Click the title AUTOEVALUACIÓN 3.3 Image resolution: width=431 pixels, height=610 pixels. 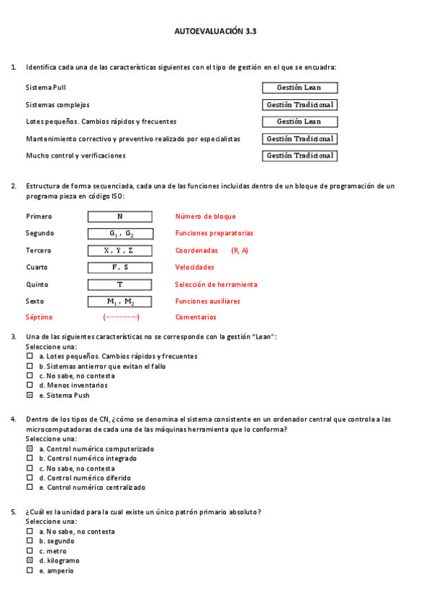tap(215, 32)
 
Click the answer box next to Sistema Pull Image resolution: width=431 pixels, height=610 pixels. tap(299, 88)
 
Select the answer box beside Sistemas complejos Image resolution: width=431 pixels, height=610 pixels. tap(299, 105)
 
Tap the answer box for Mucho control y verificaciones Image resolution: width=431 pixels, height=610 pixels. tap(299, 155)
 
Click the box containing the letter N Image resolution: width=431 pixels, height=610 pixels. tap(119, 217)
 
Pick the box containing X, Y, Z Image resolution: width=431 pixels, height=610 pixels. tap(119, 250)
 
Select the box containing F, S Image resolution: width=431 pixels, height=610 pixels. tap(119, 268)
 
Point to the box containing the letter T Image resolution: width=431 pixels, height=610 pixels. tap(119, 285)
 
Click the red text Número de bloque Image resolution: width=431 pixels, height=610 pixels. tap(205, 217)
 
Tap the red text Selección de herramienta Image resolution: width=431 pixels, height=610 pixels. tap(216, 285)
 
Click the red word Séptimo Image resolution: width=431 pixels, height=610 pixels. tap(39, 317)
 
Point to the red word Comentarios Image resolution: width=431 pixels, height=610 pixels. tap(196, 317)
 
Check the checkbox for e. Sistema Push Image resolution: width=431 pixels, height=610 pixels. tap(30, 395)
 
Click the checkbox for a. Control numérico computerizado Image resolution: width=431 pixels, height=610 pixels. tap(30, 449)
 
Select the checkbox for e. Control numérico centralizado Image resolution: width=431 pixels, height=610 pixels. tap(30, 487)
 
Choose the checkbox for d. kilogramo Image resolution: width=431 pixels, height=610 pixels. tap(30, 560)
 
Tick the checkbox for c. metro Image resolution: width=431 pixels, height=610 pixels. tap(30, 551)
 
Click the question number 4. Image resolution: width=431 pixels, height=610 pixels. tap(14, 419)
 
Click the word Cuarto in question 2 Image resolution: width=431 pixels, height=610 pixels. tap(37, 268)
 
